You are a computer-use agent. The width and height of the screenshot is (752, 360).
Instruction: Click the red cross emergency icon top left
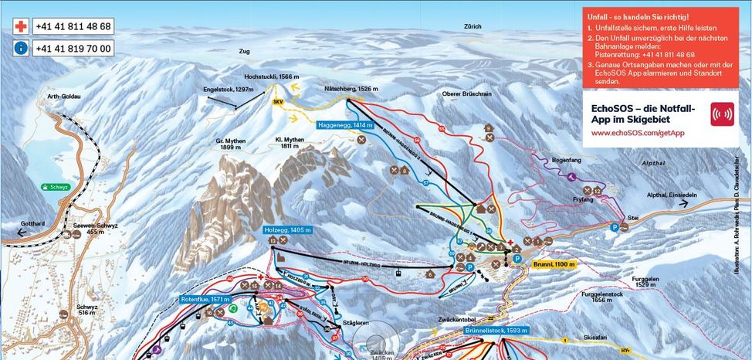point(21,26)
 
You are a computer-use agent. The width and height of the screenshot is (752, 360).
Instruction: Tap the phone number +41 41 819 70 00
point(73,48)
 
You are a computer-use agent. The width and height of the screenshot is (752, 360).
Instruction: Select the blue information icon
point(21,48)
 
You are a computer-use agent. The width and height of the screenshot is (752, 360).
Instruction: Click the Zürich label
point(473,26)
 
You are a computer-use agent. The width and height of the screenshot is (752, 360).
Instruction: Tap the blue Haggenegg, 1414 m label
point(345,124)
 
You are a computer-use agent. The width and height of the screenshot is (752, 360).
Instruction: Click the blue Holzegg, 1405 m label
point(287,229)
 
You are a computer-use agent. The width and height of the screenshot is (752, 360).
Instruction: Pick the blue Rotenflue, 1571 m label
point(205,299)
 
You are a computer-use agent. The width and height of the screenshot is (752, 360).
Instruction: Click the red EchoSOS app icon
point(722,114)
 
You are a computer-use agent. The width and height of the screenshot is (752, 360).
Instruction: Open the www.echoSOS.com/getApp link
point(638,133)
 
